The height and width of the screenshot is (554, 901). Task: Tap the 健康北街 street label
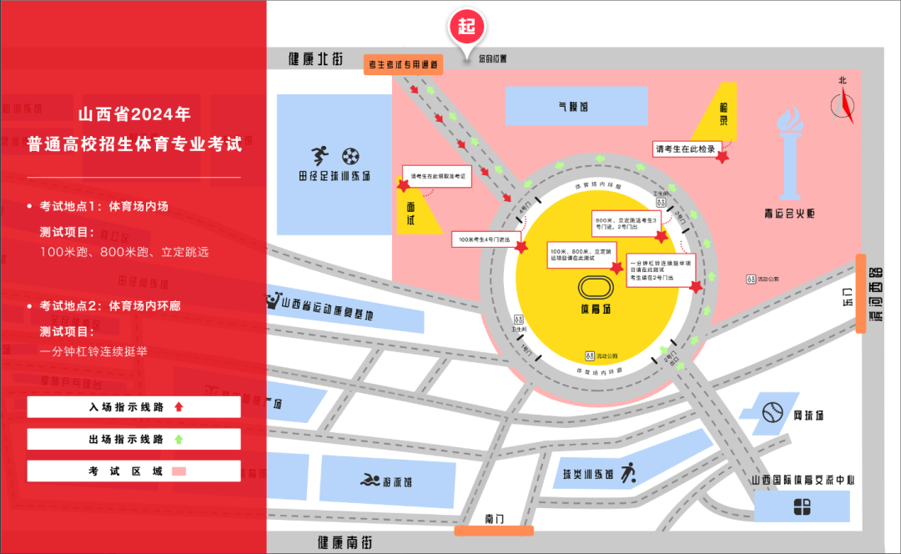tap(315, 59)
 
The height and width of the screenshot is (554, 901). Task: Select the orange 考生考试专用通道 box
tap(404, 64)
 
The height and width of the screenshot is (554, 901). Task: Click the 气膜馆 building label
tap(573, 107)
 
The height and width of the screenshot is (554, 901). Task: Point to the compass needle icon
tap(844, 105)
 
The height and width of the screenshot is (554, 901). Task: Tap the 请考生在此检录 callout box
tap(685, 149)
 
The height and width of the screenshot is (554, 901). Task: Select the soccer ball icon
tap(350, 155)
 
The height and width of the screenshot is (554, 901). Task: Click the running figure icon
tap(320, 155)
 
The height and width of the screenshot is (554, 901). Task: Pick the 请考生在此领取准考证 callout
tap(436, 176)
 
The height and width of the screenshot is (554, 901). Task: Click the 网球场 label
tap(808, 415)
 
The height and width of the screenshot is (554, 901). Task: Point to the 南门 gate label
tap(494, 519)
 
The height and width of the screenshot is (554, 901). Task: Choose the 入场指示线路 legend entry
tap(133, 407)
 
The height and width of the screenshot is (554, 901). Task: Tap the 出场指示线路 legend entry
tap(133, 439)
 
